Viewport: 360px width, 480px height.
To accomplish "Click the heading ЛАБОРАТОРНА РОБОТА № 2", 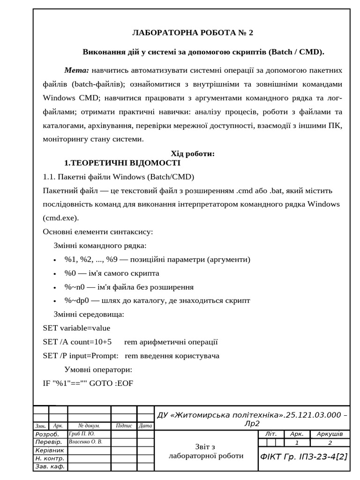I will tap(193, 33).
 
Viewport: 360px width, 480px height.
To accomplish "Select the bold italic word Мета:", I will tap(76, 70).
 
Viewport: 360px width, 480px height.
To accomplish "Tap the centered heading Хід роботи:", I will tap(193, 154).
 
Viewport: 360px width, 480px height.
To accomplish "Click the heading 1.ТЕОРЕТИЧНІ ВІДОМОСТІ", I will tap(122, 163).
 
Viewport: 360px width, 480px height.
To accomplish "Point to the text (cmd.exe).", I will tap(61, 218).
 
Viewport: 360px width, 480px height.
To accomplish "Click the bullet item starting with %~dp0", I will tap(157, 300).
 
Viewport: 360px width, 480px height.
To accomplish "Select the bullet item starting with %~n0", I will tap(129, 287).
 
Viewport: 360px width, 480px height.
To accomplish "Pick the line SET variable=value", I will tap(76, 328).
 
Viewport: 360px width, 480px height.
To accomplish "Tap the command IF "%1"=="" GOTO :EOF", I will tap(88, 383).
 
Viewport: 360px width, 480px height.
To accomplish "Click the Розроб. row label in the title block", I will tap(49, 435).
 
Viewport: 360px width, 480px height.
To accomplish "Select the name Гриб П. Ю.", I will tap(82, 434).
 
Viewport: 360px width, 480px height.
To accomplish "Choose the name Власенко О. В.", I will tap(85, 442).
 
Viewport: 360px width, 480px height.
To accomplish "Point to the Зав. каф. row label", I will tap(50, 466).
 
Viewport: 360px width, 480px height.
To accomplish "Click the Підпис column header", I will tap(124, 426).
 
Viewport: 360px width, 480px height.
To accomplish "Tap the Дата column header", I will tap(145, 426).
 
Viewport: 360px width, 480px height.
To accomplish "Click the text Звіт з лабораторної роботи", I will tap(206, 451).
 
